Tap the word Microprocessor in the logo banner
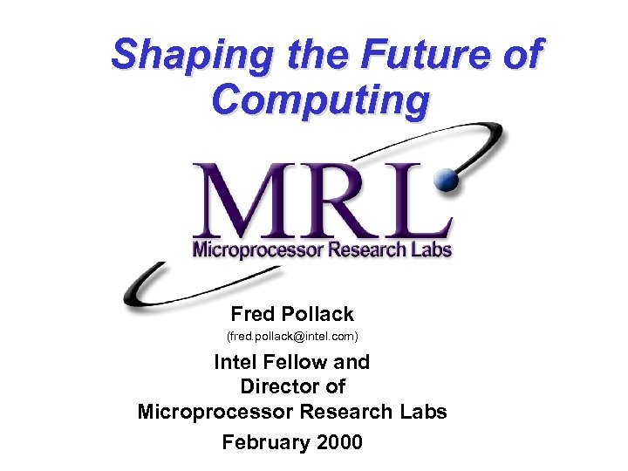246,249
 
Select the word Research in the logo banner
353,249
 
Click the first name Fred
252,313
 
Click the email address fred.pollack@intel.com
292,336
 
